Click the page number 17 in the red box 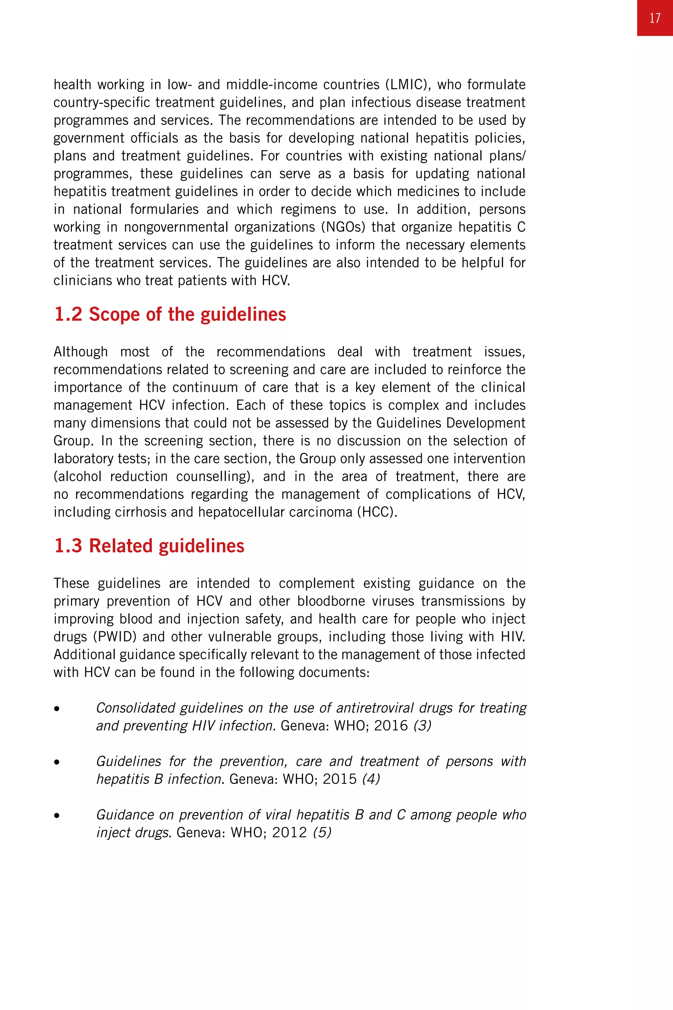click(655, 18)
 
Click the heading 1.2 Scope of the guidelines click(170, 315)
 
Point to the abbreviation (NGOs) click(344, 227)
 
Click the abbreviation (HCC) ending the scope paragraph click(377, 512)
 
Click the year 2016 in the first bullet click(391, 726)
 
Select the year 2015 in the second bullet click(339, 779)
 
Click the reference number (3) click(422, 726)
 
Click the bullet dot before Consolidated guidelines click(57, 709)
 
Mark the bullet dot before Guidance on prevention click(57, 815)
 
